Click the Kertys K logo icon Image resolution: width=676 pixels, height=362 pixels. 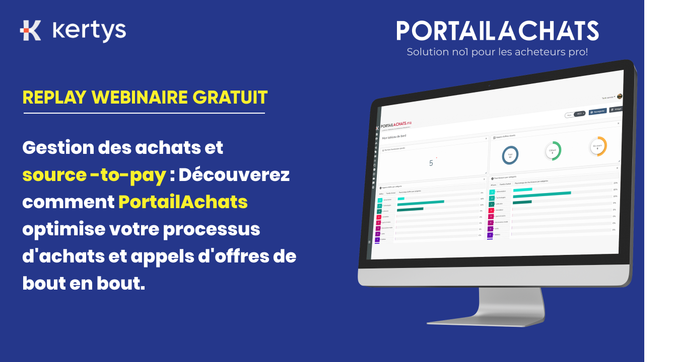tap(31, 30)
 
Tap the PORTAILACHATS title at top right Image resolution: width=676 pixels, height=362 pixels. tap(497, 31)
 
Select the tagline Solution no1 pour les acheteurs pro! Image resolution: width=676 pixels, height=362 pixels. tap(497, 52)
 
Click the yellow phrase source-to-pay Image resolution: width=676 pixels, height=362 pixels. tap(94, 175)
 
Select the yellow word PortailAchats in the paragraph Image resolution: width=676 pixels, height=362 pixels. tap(183, 202)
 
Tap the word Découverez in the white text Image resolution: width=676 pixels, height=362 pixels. tap(234, 175)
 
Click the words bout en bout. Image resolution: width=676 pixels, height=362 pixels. tap(84, 284)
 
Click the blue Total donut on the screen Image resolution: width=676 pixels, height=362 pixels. tap(510, 155)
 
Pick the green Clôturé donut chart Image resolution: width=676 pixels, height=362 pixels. tap(553, 151)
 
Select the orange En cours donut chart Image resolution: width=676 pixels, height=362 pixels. tap(598, 146)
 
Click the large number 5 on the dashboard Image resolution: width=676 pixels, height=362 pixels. tap(431, 163)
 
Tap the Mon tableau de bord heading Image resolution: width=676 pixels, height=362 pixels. tap(394, 136)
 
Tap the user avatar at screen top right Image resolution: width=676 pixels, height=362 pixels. tap(619, 97)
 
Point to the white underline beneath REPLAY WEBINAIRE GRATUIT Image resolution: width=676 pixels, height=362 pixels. tap(144, 113)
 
